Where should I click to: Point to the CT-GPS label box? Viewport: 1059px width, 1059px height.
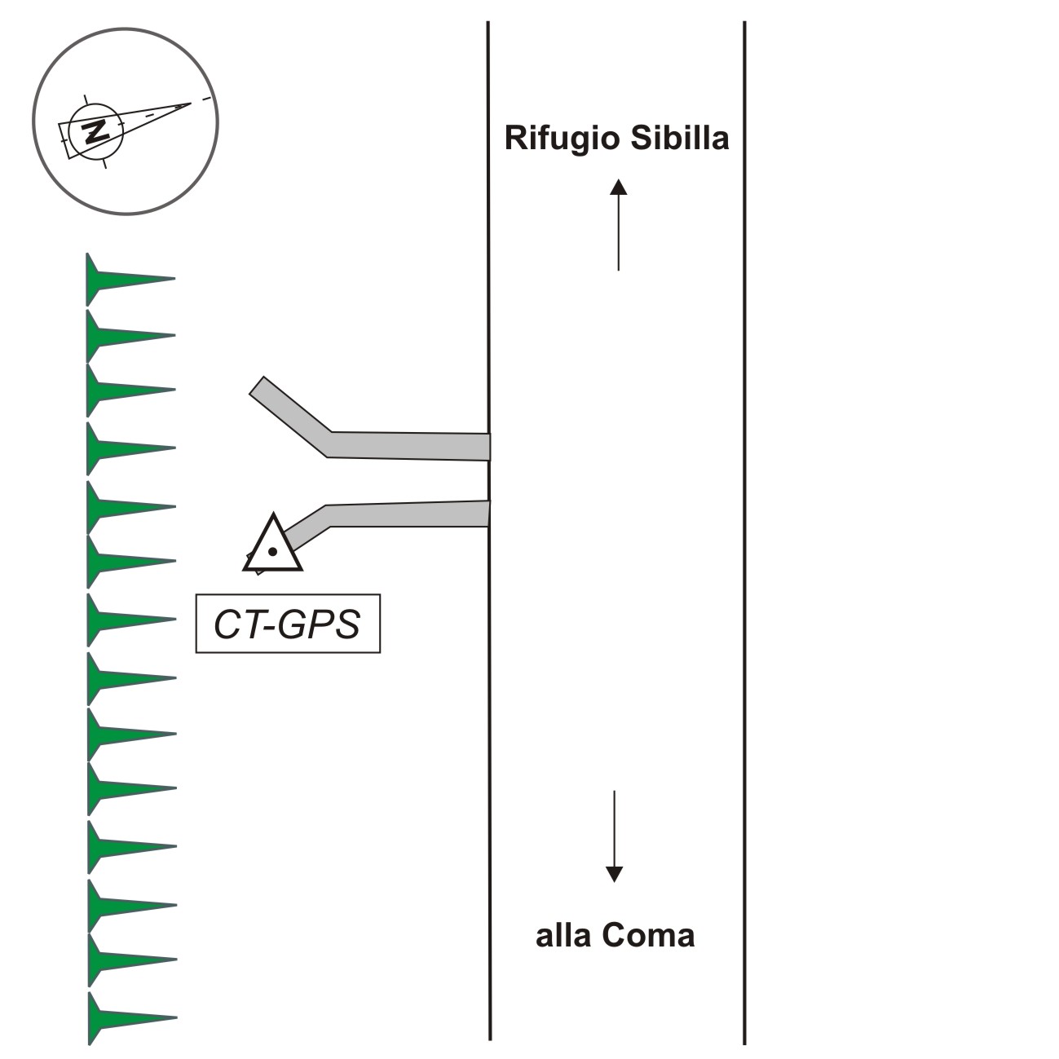coord(288,624)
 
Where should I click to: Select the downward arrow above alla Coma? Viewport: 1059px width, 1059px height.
coord(614,836)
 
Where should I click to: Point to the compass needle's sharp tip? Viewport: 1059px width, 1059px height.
coord(191,104)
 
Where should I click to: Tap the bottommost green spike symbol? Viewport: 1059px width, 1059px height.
coord(122,1017)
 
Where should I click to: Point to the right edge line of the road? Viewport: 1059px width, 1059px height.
coord(744,530)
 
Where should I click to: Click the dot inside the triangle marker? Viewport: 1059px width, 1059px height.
coord(273,552)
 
